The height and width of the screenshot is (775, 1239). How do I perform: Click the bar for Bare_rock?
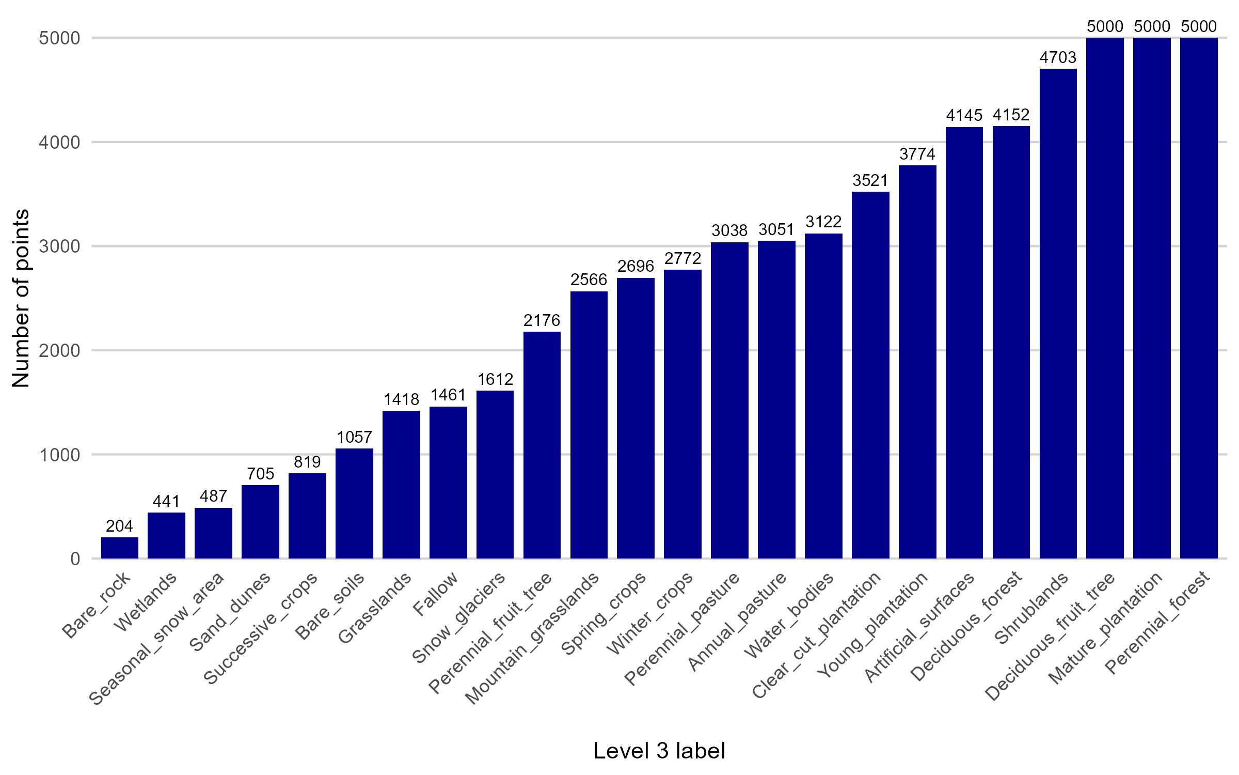pos(120,548)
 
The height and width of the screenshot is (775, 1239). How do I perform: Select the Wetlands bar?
pos(166,535)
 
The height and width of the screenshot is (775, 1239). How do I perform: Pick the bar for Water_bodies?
pos(823,396)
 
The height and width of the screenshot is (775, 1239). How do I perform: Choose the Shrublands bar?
pos(1058,313)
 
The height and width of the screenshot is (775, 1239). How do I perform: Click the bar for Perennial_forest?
pos(1199,298)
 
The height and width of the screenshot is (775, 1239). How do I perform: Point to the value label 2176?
pos(542,321)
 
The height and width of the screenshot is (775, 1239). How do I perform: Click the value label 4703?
pos(1058,57)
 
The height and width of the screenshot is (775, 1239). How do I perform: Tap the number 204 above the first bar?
pos(120,526)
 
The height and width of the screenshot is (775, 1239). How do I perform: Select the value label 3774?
pos(917,154)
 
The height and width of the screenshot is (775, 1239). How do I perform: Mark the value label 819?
pos(307,462)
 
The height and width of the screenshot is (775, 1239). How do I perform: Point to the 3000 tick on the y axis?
pos(59,246)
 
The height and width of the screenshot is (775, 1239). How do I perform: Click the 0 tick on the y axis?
pos(75,559)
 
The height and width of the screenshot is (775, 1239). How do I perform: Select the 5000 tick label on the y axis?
pos(59,38)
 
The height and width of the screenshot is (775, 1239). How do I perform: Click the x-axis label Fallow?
pos(436,594)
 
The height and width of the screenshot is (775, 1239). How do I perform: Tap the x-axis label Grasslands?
pos(375,608)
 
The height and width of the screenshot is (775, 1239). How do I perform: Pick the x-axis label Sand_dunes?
pos(230,612)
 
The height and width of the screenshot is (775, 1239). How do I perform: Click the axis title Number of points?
pos(21,298)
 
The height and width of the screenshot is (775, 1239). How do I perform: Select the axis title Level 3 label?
pos(659,751)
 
